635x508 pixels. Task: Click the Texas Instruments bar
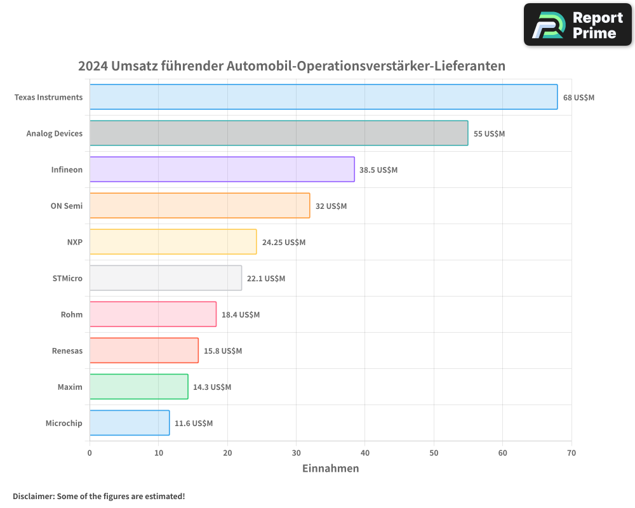click(323, 97)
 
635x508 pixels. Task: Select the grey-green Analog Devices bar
click(279, 133)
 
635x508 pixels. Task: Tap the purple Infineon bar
click(222, 170)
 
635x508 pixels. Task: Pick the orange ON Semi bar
click(199, 206)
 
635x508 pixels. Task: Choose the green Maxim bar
click(138, 387)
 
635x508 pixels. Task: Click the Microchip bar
click(130, 423)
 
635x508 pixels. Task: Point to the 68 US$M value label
click(578, 98)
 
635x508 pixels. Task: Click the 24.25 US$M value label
click(283, 243)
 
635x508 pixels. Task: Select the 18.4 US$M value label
click(241, 315)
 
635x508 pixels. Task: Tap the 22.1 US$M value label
click(266, 279)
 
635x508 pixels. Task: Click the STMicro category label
click(67, 278)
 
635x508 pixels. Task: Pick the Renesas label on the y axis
click(67, 351)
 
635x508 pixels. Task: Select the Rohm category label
click(71, 314)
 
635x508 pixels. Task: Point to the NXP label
click(74, 242)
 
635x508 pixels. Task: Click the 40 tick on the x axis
click(365, 453)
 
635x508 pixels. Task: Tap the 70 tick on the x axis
click(571, 453)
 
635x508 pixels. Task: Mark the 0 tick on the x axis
click(90, 453)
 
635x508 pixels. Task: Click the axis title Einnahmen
click(330, 469)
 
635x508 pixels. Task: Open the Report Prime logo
click(577, 25)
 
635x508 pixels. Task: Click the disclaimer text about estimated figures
click(98, 496)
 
